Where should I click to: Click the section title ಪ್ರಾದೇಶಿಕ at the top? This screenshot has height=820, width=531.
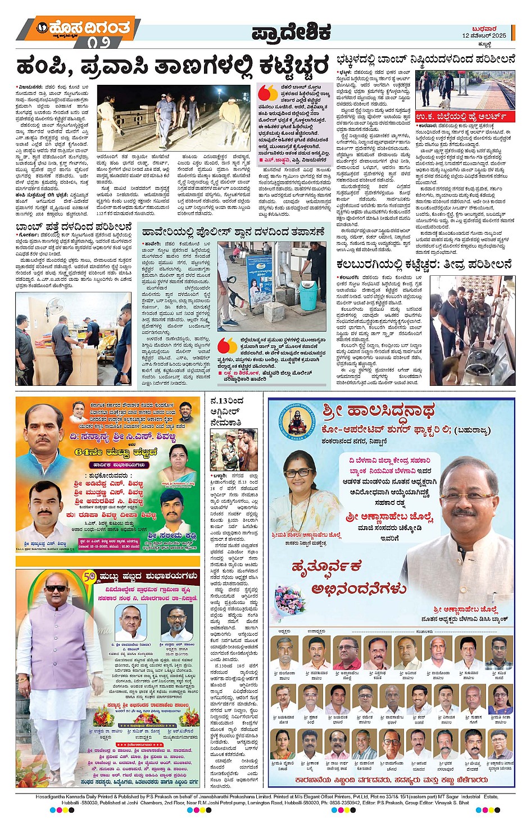[291, 33]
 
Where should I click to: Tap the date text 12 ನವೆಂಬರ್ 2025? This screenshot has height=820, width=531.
[484, 35]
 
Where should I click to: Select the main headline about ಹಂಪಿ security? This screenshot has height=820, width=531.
[173, 66]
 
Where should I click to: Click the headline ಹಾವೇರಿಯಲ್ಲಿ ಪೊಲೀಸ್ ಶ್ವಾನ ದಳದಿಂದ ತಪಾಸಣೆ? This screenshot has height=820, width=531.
[233, 231]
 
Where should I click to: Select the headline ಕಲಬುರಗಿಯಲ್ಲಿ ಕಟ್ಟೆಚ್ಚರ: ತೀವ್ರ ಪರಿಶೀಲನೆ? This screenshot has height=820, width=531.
[424, 265]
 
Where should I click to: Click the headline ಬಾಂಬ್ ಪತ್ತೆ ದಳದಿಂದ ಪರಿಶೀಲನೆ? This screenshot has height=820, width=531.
[74, 227]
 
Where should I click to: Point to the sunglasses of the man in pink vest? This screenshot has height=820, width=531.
[56, 588]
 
